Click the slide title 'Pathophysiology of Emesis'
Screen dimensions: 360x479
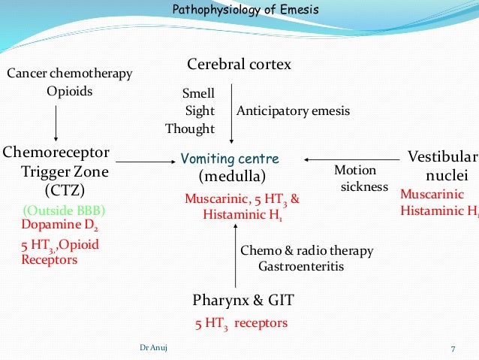(245, 11)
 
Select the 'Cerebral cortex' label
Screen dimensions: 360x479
(239, 65)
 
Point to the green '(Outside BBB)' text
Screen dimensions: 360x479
(64, 210)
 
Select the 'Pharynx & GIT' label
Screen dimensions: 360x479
(243, 301)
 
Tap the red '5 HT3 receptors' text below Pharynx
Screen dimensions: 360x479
(240, 324)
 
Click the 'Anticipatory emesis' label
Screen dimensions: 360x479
(294, 111)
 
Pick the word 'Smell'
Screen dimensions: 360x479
(199, 94)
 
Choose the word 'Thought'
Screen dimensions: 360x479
(191, 129)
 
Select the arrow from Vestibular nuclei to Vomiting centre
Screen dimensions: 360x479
(352, 159)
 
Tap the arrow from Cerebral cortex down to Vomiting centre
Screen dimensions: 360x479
(230, 113)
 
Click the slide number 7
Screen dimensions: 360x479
(453, 348)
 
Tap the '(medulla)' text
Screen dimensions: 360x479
(232, 177)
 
